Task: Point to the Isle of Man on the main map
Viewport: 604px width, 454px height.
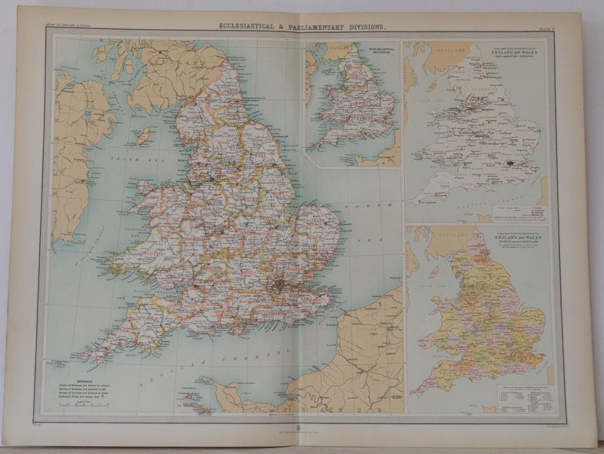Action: tap(143, 136)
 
